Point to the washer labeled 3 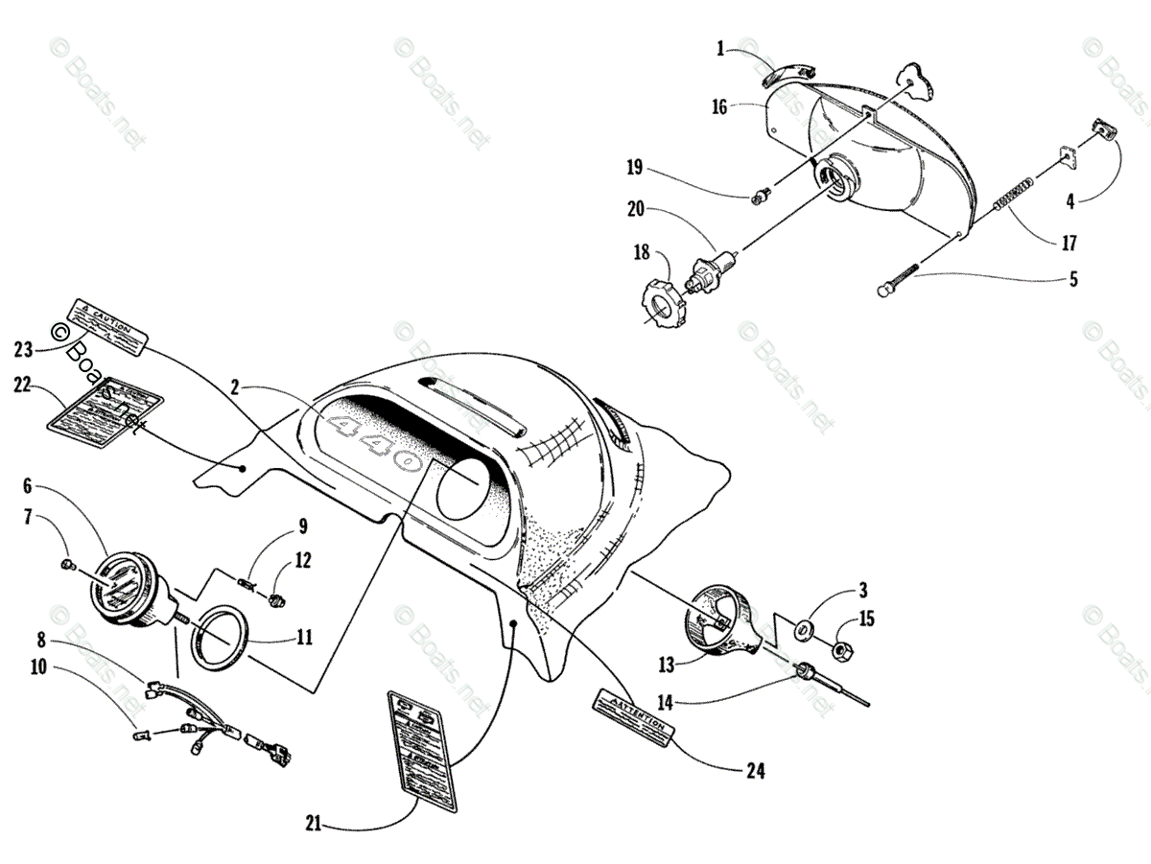point(805,630)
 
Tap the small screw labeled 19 point(762,198)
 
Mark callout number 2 point(234,387)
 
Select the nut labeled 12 point(279,600)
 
